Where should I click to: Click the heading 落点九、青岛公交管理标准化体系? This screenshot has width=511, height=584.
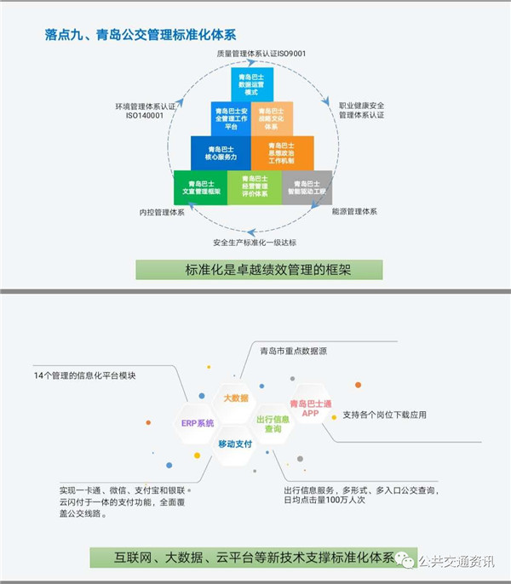[x=140, y=35]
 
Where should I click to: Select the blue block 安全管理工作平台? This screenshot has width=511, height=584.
[x=231, y=118]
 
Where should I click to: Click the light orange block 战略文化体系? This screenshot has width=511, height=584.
[x=274, y=118]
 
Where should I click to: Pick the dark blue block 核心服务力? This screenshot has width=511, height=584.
[x=221, y=153]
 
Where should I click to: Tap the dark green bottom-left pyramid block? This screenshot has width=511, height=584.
[x=200, y=187]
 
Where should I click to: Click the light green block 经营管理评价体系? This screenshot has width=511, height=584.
[x=254, y=187]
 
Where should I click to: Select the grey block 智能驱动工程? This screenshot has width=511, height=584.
[x=307, y=187]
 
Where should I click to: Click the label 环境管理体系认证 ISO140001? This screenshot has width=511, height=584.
[x=146, y=112]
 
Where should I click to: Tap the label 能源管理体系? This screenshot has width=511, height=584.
[x=354, y=210]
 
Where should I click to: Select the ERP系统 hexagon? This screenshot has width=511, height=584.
[x=198, y=422]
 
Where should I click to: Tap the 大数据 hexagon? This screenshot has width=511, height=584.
[x=236, y=398]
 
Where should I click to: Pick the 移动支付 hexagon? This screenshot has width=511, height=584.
[x=236, y=444]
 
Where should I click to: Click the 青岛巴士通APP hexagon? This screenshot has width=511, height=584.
[x=310, y=409]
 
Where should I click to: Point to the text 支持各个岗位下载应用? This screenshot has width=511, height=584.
[x=384, y=415]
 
